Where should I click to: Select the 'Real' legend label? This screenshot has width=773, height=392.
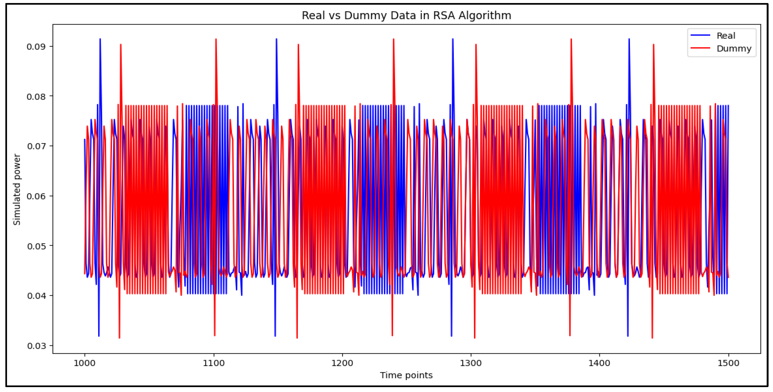pos(726,36)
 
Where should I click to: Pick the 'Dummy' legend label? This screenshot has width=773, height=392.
pos(734,49)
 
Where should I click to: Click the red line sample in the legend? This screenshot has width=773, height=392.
pos(700,48)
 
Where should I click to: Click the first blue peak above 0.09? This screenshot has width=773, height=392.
pos(100,39)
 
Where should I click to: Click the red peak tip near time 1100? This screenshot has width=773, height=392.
pos(216,39)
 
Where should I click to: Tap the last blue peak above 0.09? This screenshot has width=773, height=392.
pos(629,39)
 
